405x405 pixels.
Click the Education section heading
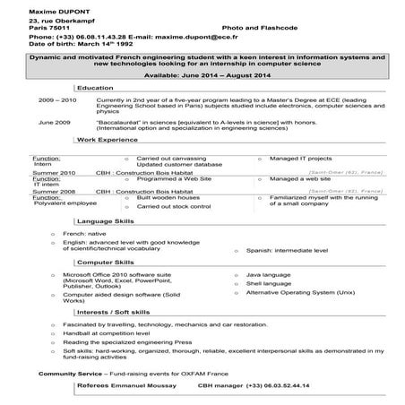click(95, 88)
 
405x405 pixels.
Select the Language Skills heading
click(107, 220)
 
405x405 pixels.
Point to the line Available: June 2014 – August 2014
click(202, 76)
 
